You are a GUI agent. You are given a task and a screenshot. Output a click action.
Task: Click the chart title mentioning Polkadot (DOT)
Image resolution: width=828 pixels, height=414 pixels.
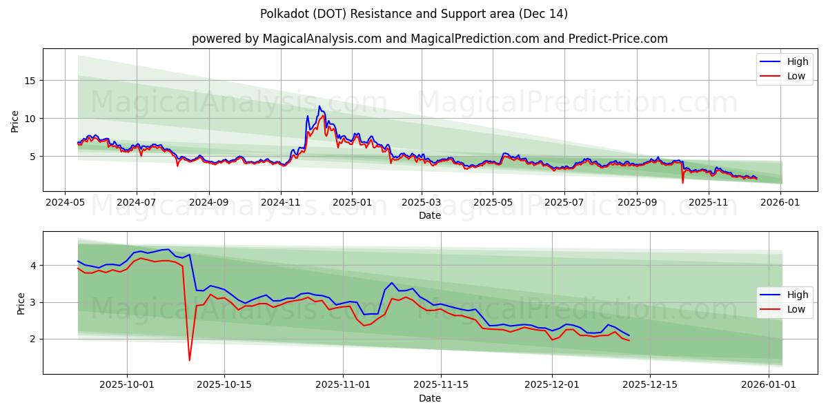[x=414, y=14]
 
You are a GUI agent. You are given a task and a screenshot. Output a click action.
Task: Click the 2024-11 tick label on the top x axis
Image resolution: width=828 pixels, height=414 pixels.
[x=281, y=203]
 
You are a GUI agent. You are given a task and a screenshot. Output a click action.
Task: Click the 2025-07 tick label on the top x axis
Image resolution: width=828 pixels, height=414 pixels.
[x=564, y=203]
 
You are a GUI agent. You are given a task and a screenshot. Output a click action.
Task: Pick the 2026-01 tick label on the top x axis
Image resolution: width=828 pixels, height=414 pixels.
[x=780, y=203]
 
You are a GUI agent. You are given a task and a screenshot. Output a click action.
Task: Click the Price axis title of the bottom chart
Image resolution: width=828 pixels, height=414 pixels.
[x=21, y=303]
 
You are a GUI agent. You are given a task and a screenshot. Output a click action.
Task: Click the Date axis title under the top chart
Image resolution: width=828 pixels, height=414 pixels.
[x=429, y=215]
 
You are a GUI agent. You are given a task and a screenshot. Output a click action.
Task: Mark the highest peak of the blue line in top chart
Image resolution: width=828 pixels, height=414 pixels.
[x=319, y=106]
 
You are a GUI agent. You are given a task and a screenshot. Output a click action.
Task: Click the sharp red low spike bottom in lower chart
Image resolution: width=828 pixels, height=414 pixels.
[x=189, y=360]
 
